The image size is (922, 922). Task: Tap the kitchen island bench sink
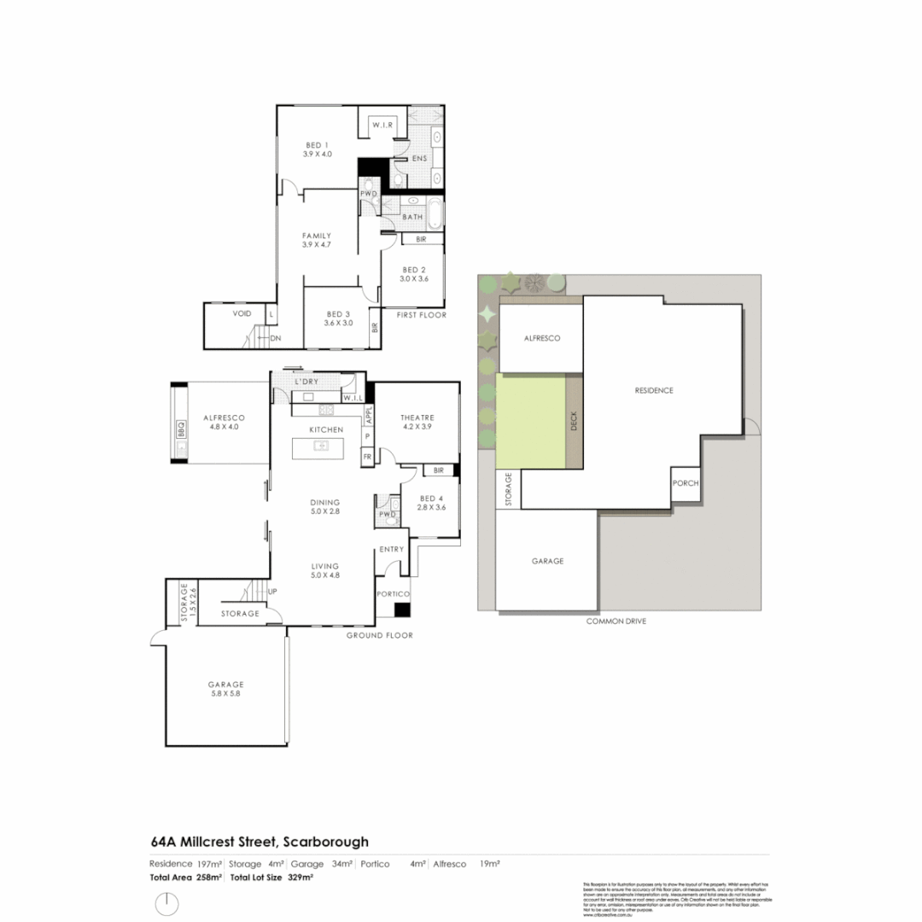(x=322, y=445)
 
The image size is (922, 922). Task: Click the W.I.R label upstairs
(x=381, y=126)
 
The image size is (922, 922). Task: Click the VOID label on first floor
(x=242, y=313)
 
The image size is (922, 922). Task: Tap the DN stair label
(x=275, y=339)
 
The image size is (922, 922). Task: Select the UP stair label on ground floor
(x=272, y=591)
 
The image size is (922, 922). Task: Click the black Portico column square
(x=402, y=610)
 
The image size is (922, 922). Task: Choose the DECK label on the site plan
(x=574, y=422)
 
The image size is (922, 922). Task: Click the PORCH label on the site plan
(x=686, y=483)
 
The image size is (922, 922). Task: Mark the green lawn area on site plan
(x=531, y=422)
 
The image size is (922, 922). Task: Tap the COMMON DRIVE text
(x=616, y=621)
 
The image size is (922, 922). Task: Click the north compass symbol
(x=166, y=902)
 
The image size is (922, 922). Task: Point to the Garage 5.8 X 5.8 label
(x=226, y=689)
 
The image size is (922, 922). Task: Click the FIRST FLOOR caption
(x=421, y=315)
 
